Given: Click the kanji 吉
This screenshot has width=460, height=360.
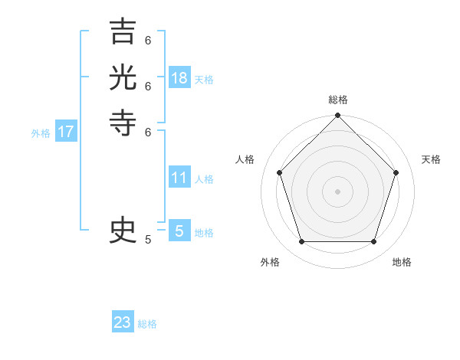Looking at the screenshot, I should coord(123,32).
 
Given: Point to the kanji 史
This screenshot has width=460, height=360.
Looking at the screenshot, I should coord(123,231).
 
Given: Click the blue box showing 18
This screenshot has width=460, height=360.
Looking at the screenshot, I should coord(179,78).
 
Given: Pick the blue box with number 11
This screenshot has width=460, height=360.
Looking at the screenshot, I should coord(179,178).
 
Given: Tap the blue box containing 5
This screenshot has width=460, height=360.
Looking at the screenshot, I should coord(179,231).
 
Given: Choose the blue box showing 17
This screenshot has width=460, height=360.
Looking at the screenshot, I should coord(66,132).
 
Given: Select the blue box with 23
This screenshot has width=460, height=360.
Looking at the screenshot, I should coord(123,322).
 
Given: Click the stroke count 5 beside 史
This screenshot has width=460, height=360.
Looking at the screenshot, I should coord(148,240).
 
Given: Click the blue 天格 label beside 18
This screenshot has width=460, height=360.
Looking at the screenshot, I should coord(204,80).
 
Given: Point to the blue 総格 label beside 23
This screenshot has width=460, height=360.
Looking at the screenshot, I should coord(147,324).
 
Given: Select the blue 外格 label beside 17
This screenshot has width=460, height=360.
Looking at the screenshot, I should coord(41,133).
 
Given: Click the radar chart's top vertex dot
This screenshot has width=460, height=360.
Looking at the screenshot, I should coord(337,116).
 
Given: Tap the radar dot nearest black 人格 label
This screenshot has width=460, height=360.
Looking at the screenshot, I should coord(279,172).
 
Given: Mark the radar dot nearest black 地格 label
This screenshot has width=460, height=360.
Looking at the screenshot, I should coord(373,242).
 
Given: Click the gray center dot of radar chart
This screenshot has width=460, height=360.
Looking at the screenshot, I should coord(337,191).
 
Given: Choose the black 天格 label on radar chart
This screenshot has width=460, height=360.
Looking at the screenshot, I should coord(431,159).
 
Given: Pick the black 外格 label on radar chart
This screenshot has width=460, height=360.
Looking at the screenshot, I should coord(270,262).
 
